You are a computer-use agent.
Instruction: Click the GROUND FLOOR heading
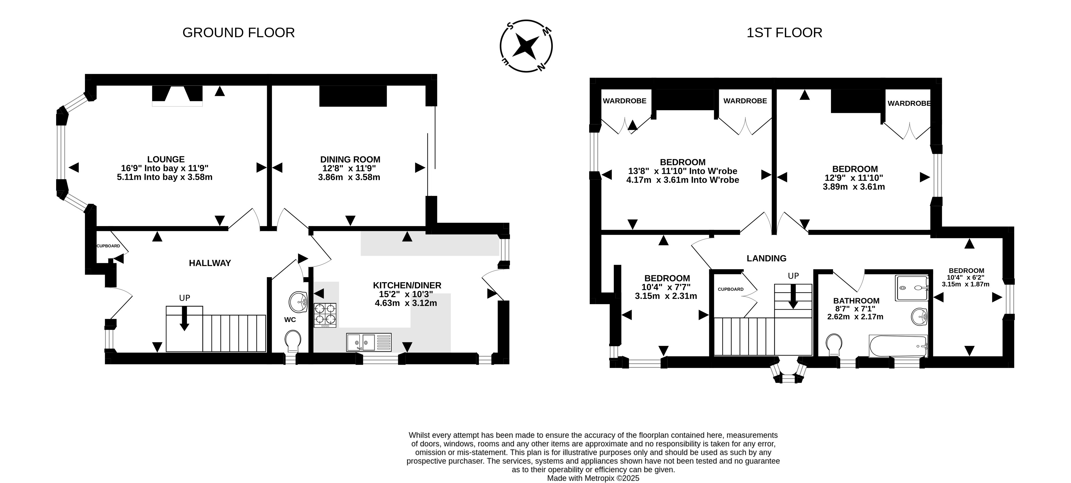click(x=239, y=33)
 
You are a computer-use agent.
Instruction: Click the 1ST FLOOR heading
click(x=784, y=33)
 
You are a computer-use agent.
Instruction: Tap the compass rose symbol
click(x=526, y=46)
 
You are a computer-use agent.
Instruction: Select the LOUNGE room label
click(x=166, y=159)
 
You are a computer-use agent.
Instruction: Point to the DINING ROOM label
click(x=350, y=159)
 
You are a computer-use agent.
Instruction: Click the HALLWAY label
click(x=210, y=263)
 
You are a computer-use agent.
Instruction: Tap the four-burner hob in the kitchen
click(x=325, y=315)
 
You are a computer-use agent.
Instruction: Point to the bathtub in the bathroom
click(x=898, y=346)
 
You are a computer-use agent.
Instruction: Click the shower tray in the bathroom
click(x=912, y=288)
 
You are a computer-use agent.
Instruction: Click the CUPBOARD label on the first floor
click(x=730, y=289)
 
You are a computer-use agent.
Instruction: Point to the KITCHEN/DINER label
click(x=407, y=285)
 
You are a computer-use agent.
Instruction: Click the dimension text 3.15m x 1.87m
click(x=965, y=284)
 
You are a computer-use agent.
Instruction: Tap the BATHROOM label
click(x=856, y=300)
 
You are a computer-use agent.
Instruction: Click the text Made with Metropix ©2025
click(x=593, y=478)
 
